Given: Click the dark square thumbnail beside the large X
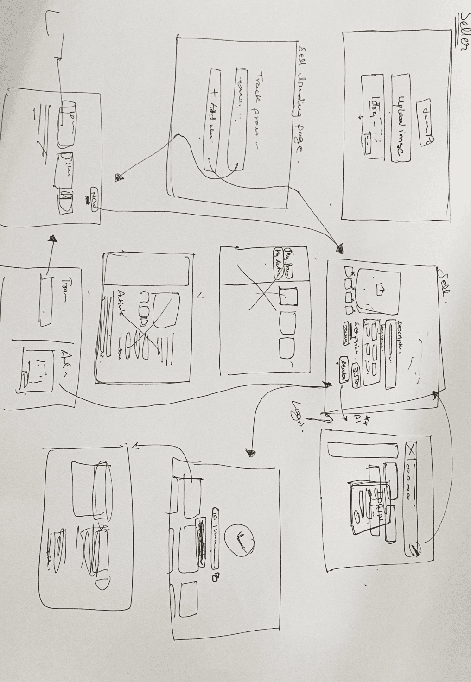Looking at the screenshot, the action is pos(288,297).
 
